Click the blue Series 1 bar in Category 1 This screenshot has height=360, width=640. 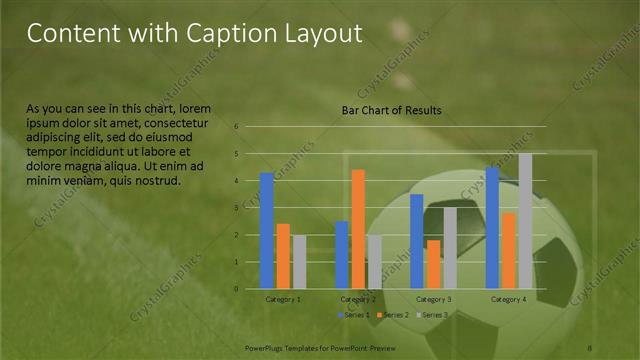tap(267, 231)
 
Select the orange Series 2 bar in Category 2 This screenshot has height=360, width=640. tap(358, 229)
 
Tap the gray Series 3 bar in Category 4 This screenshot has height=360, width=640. tap(525, 221)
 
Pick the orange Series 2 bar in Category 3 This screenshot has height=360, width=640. tap(433, 264)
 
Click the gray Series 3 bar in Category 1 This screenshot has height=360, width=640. tap(299, 262)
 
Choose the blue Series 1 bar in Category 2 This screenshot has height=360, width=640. tap(342, 255)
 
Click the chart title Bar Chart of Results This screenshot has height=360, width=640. tap(391, 109)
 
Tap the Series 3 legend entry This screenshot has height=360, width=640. tap(432, 315)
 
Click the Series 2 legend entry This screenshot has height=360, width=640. tap(395, 315)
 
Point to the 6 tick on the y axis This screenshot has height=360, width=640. tap(236, 127)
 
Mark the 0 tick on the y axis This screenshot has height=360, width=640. tap(236, 289)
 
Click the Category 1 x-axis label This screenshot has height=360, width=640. tap(283, 299)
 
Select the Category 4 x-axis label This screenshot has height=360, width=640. tap(509, 299)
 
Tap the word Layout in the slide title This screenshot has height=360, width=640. tap(317, 34)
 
